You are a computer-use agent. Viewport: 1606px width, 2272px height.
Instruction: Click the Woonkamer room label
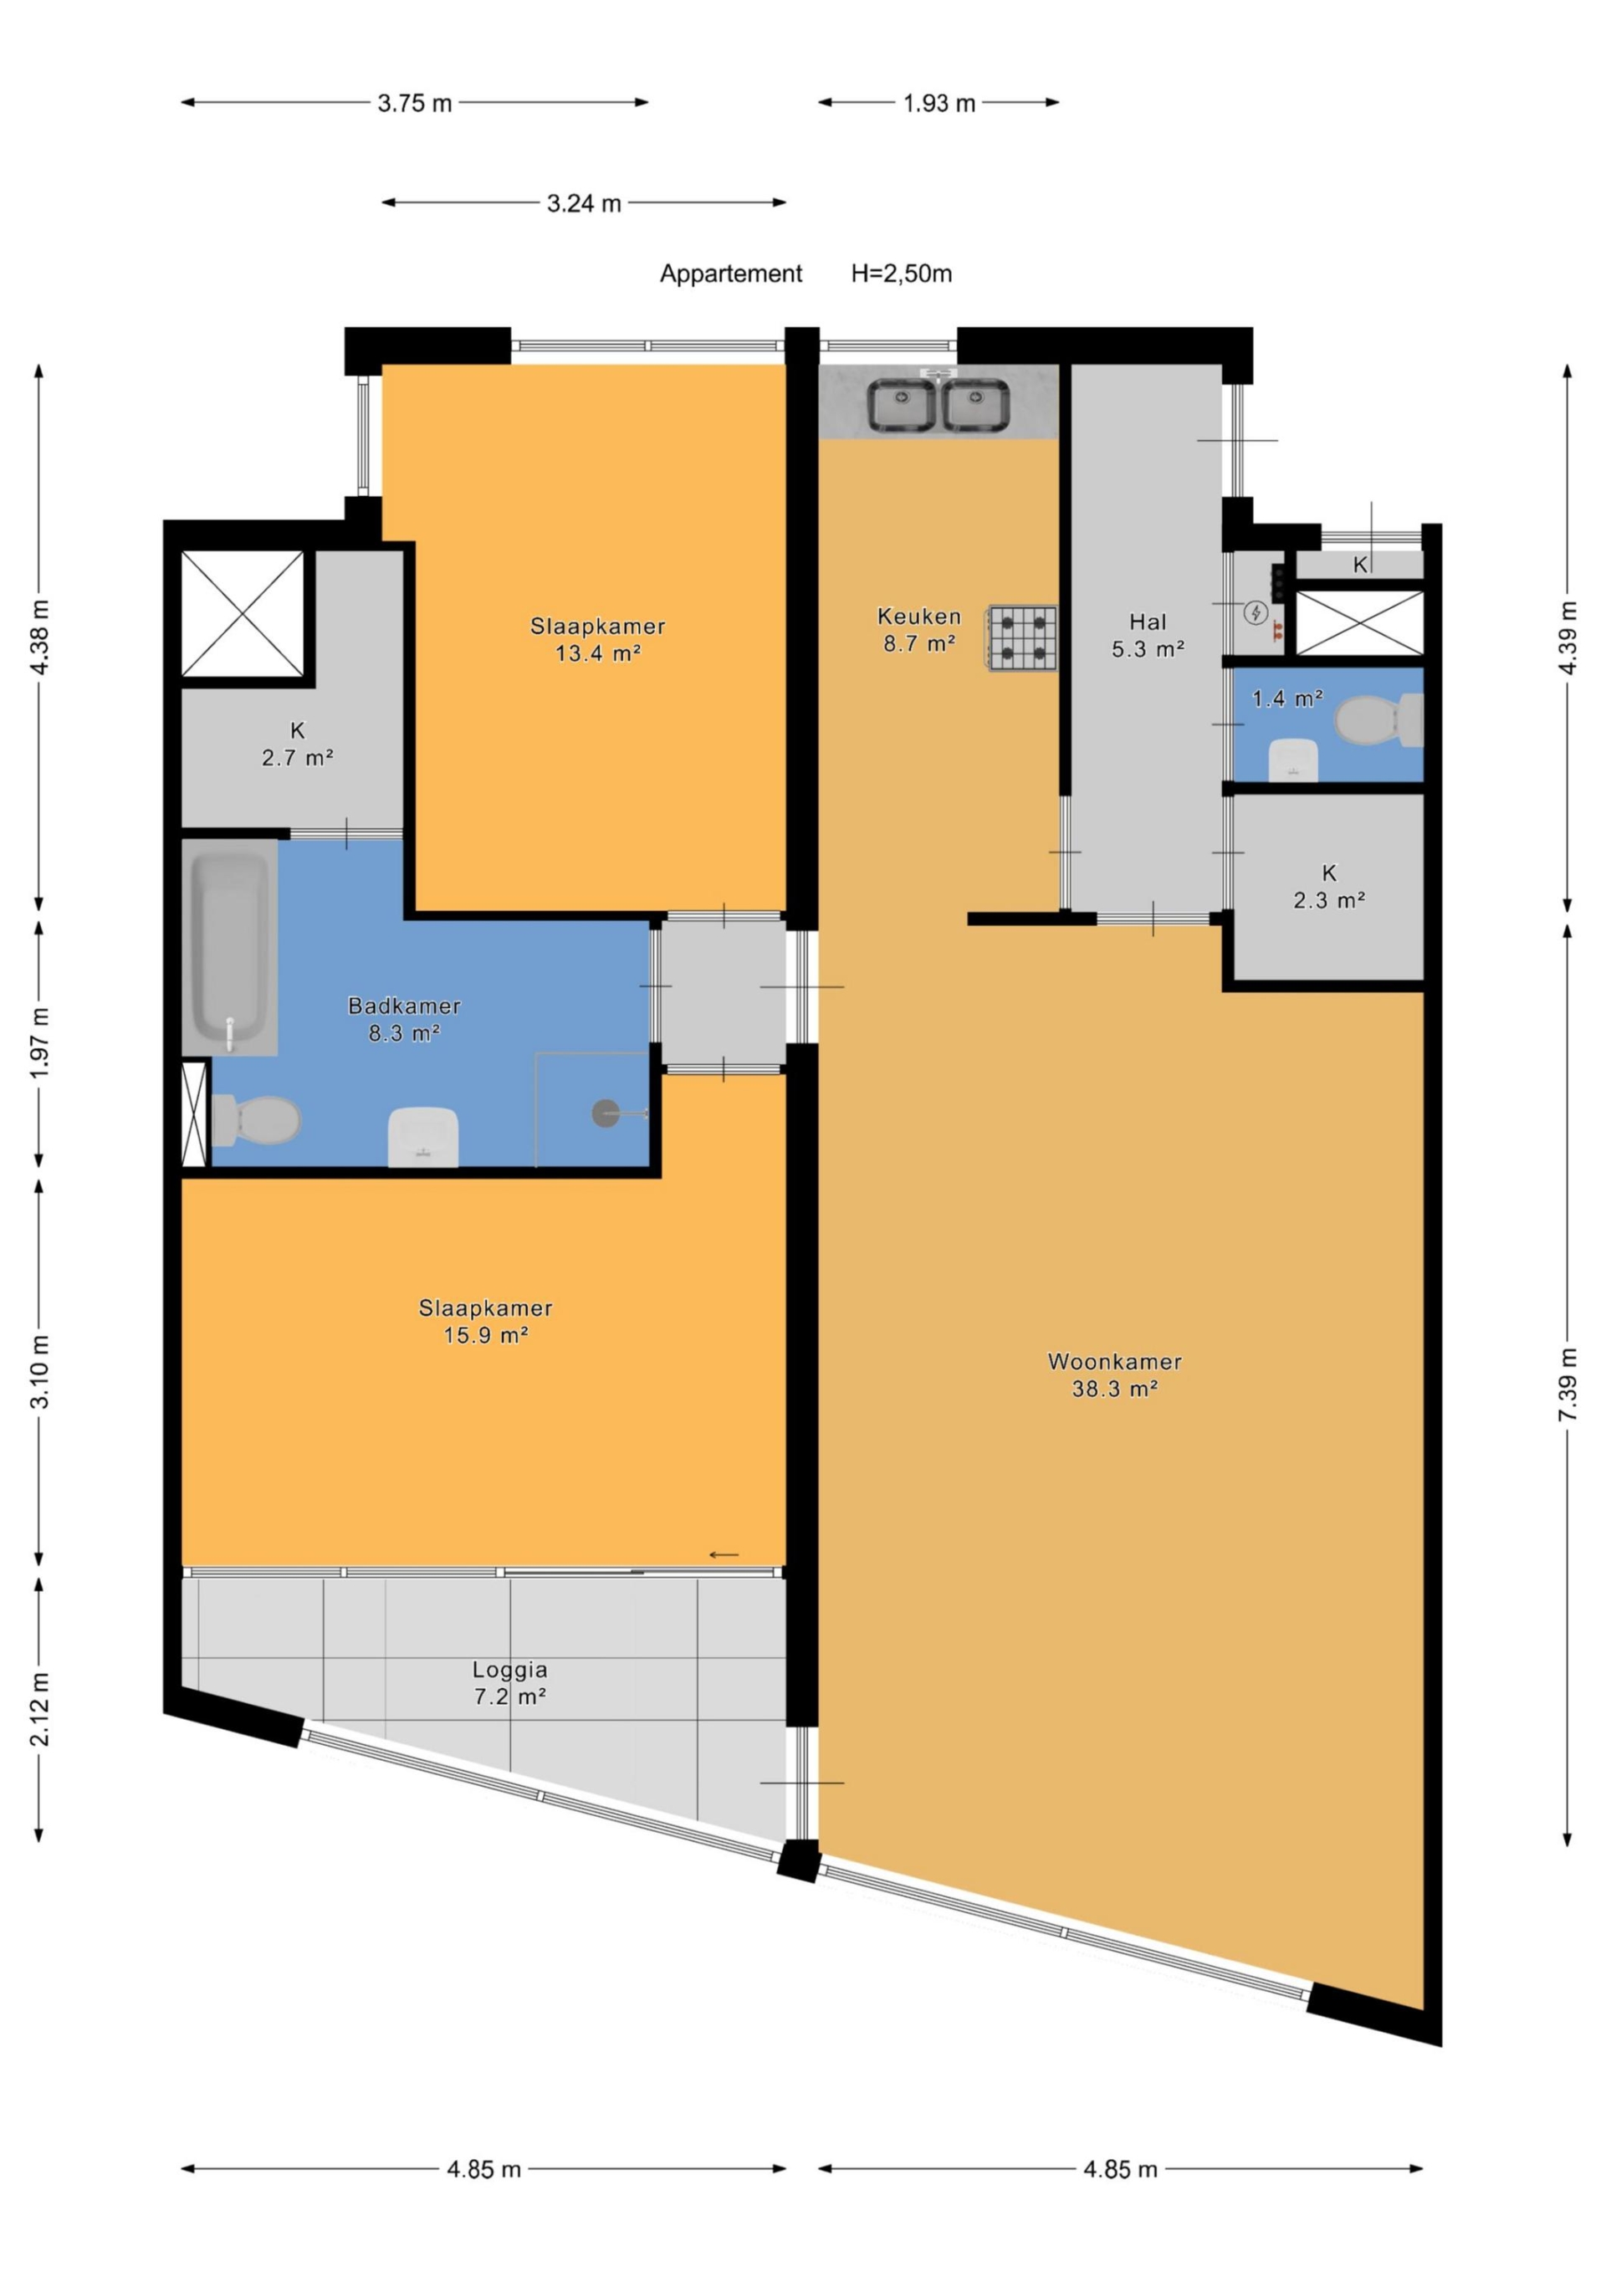tap(1114, 1362)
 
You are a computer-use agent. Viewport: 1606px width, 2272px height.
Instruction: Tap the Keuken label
tap(919, 617)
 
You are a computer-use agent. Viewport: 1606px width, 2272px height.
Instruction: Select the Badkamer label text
tap(404, 1006)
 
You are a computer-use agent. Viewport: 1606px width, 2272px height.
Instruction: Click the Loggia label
tap(509, 1671)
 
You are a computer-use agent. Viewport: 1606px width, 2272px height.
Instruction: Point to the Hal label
tap(1148, 622)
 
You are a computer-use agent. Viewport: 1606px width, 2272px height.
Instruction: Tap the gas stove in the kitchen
tap(1021, 638)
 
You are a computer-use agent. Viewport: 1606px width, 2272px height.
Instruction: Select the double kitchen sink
tap(939, 406)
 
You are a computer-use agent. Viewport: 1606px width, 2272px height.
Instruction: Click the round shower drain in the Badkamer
tap(606, 1113)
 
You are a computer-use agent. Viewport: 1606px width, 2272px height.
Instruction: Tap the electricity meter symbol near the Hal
tap(1256, 612)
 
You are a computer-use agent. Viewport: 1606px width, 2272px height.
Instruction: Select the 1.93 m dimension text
tap(939, 103)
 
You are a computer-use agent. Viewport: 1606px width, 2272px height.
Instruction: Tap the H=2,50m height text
tap(902, 274)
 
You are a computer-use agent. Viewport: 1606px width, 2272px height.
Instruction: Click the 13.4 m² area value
tap(598, 653)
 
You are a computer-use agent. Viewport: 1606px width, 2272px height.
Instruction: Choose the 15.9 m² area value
tap(485, 1335)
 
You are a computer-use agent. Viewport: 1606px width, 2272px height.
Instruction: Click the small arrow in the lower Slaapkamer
tap(724, 1554)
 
